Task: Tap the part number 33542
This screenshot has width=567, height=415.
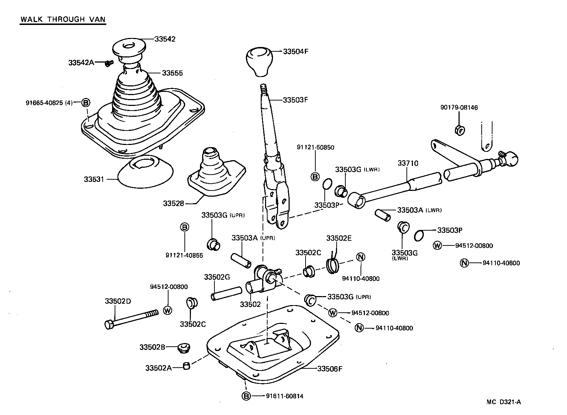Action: [165, 39]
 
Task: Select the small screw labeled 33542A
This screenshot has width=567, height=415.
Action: [108, 63]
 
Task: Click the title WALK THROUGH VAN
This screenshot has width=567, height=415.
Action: [63, 19]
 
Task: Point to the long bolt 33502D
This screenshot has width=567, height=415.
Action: [132, 318]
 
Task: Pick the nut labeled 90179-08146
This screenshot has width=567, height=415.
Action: [459, 129]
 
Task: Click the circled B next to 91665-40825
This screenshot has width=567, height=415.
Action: [86, 103]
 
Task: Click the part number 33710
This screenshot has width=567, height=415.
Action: [408, 163]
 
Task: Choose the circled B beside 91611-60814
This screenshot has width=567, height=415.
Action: [246, 396]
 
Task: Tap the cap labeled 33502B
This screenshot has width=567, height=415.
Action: [184, 349]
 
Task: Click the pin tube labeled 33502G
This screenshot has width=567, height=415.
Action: [226, 293]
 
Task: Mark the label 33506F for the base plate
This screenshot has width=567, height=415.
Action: [330, 369]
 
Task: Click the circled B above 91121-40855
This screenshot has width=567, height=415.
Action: [184, 227]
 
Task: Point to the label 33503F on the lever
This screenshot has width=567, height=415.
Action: [295, 100]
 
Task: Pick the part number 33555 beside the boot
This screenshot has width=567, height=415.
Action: [172, 73]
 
